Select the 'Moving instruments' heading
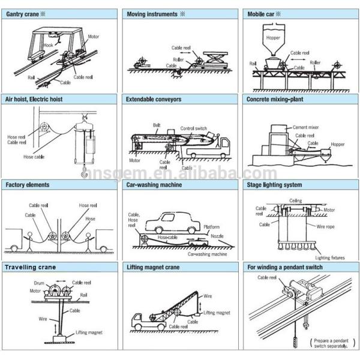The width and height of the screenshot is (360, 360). click(152, 13)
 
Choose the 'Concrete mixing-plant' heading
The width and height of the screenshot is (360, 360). click(277, 99)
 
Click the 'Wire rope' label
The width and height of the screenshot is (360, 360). click(325, 227)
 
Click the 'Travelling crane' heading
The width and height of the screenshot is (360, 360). click(31, 268)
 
